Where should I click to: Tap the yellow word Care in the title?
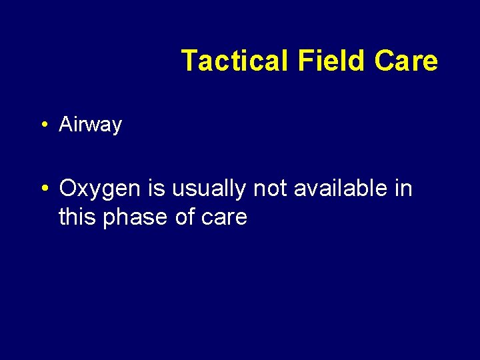click(406, 61)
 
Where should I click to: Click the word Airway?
click(91, 125)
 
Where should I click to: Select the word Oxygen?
click(101, 190)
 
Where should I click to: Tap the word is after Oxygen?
click(157, 189)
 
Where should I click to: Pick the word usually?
click(209, 190)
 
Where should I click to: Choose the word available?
click(342, 189)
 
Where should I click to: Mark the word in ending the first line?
click(404, 189)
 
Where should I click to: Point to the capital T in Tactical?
click(189, 61)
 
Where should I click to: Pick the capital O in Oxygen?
click(69, 189)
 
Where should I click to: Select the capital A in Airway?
click(66, 125)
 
